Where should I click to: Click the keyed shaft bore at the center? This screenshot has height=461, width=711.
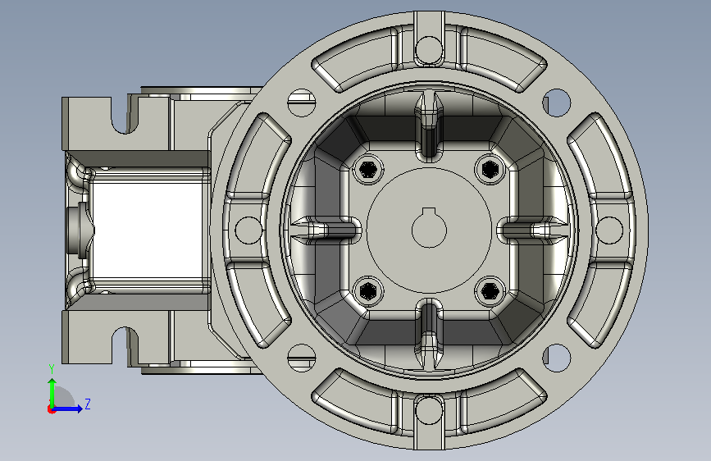(429, 229)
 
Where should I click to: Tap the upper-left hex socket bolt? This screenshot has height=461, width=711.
(367, 170)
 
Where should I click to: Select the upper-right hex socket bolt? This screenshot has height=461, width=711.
(490, 169)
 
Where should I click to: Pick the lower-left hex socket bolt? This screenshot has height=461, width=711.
(367, 290)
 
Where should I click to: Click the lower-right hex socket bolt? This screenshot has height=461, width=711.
(490, 290)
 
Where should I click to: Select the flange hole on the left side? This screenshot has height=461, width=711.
(248, 230)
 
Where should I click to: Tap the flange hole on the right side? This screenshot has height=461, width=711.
(609, 230)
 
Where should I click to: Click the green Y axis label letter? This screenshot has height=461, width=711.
(52, 369)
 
